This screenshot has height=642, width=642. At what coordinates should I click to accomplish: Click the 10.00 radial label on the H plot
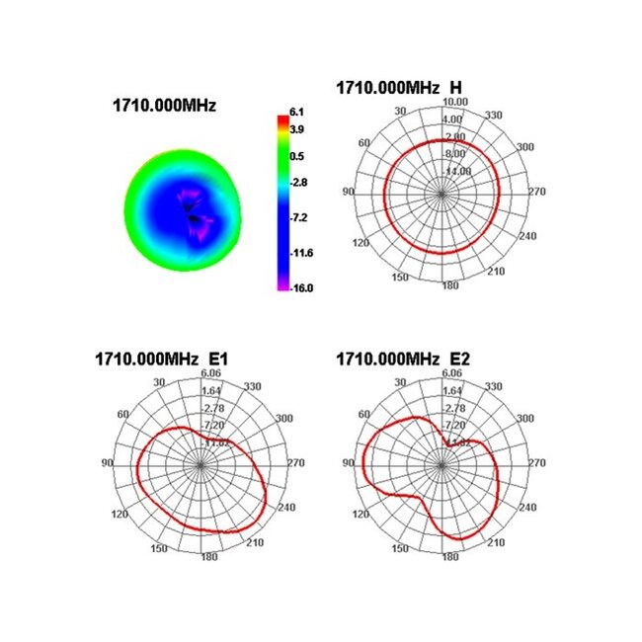coord(455,102)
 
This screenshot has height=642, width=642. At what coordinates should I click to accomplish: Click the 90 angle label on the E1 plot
coord(107,462)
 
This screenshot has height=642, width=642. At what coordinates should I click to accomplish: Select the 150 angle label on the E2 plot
coord(402,547)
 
